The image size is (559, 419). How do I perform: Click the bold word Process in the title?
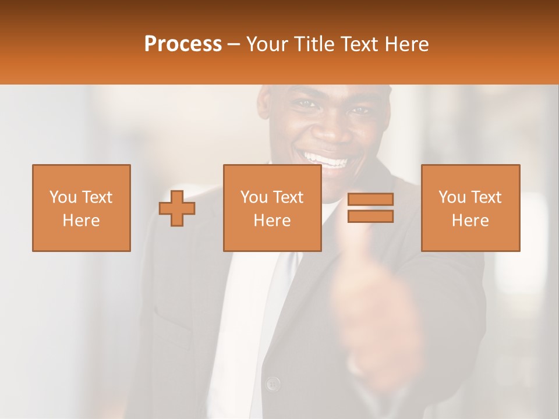click(x=183, y=44)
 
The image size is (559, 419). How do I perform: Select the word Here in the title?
click(x=406, y=44)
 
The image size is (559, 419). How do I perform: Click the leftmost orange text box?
click(x=81, y=208)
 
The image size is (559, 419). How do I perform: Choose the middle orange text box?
click(x=272, y=208)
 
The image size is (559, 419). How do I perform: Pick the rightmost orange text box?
click(x=470, y=208)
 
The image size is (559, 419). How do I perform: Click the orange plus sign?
click(x=177, y=208)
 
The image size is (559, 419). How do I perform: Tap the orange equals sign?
click(x=370, y=208)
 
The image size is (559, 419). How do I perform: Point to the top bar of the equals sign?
click(x=370, y=200)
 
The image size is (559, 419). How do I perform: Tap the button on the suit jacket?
click(x=272, y=384)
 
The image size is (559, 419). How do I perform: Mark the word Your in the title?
click(x=267, y=44)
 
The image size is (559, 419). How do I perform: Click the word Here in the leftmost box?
click(x=81, y=221)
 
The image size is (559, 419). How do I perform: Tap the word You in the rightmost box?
click(x=451, y=197)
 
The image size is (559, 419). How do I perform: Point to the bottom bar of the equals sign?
click(x=370, y=216)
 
